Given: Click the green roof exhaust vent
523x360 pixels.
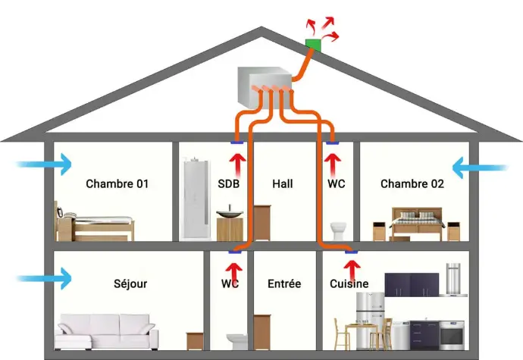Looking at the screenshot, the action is pyautogui.click(x=313, y=45).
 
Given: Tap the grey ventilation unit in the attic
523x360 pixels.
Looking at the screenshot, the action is pyautogui.click(x=265, y=88).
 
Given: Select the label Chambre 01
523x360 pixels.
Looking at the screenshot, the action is pyautogui.click(x=117, y=184).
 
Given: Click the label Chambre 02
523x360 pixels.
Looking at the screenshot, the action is pyautogui.click(x=412, y=184).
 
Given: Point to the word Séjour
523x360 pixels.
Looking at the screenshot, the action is pyautogui.click(x=130, y=283).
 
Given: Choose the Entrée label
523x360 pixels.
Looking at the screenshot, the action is pyautogui.click(x=284, y=283).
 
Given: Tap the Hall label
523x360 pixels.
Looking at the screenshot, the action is pyautogui.click(x=283, y=184).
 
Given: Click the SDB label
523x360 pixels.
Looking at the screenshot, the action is pyautogui.click(x=228, y=184).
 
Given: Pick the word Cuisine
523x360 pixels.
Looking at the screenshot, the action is pyautogui.click(x=349, y=283).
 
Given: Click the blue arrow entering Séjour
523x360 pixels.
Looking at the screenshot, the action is pyautogui.click(x=44, y=278).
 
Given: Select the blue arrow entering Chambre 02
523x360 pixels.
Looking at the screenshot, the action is pyautogui.click(x=480, y=167).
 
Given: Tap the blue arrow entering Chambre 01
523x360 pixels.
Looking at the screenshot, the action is pyautogui.click(x=44, y=164).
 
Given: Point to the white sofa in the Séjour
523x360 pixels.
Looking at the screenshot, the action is pyautogui.click(x=107, y=332).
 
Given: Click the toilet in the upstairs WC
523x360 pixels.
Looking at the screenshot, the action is pyautogui.click(x=339, y=231).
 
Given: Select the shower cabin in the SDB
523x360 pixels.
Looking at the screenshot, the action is pyautogui.click(x=197, y=199).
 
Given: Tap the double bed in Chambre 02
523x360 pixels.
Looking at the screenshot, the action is pyautogui.click(x=418, y=224).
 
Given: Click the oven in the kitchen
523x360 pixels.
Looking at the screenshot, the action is pyautogui.click(x=452, y=336).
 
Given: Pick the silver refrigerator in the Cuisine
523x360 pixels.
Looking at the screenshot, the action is pyautogui.click(x=370, y=321).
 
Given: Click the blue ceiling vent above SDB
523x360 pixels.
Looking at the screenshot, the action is pyautogui.click(x=236, y=142).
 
